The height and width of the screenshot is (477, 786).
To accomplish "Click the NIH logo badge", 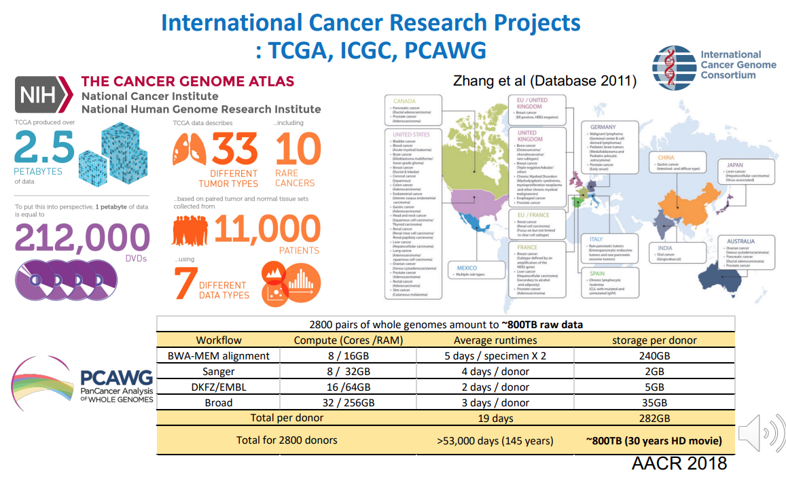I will tap(42, 94).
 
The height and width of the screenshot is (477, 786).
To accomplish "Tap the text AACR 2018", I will tap(679, 463).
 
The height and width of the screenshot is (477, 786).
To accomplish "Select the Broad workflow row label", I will tap(219, 402).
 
